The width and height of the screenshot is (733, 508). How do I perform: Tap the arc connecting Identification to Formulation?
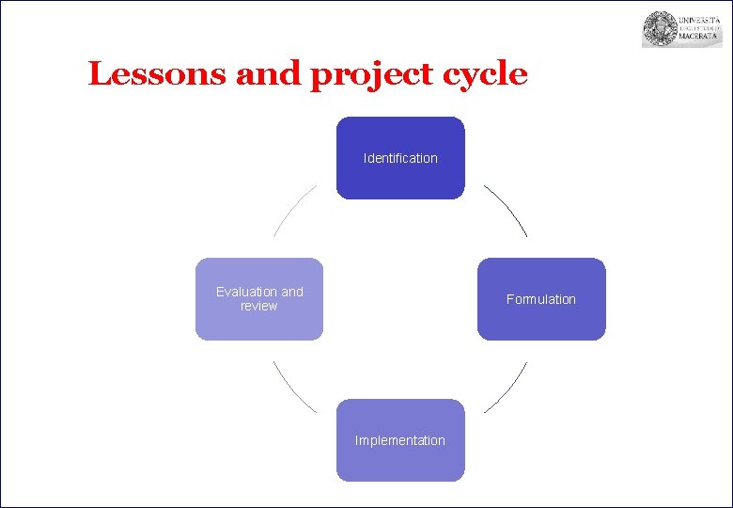(x=508, y=209)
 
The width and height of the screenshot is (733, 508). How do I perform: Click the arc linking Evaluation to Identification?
(x=292, y=209)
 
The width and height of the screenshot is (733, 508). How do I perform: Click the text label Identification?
(x=400, y=158)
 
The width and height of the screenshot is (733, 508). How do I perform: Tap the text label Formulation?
(x=541, y=299)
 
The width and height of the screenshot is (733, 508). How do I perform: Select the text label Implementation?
(x=400, y=440)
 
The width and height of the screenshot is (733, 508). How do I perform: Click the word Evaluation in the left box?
(x=247, y=292)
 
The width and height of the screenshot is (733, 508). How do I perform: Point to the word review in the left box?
(x=259, y=306)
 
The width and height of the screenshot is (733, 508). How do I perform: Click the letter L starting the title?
(x=98, y=74)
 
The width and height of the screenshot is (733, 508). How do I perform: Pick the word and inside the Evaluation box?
(x=292, y=292)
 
